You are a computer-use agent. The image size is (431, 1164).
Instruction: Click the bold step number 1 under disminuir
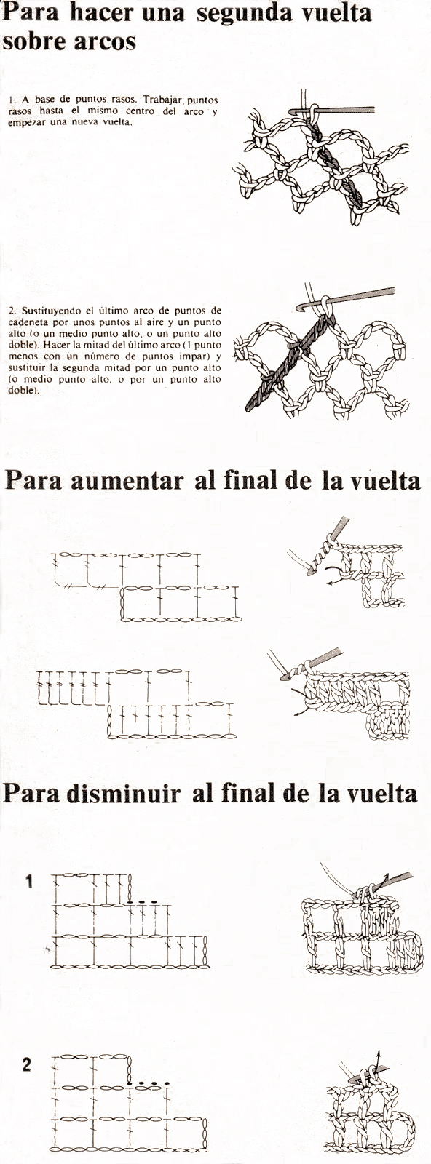pos(30,882)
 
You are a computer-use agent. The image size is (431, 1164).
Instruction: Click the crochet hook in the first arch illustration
pos(333,110)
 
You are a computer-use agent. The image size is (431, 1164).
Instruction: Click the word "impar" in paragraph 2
pos(186,356)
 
